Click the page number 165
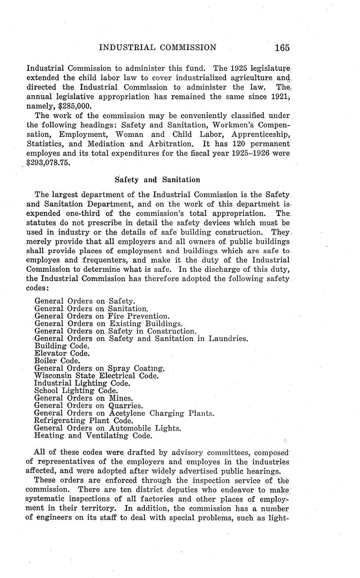click(282, 47)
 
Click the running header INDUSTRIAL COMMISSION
click(158, 47)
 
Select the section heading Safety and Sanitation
click(157, 180)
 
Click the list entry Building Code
click(62, 346)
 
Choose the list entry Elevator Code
click(62, 353)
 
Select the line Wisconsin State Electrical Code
click(96, 376)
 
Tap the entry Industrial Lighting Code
click(82, 383)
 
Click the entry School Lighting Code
click(76, 390)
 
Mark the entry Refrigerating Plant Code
click(84, 421)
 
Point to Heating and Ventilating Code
click(93, 436)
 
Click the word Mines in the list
click(121, 398)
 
